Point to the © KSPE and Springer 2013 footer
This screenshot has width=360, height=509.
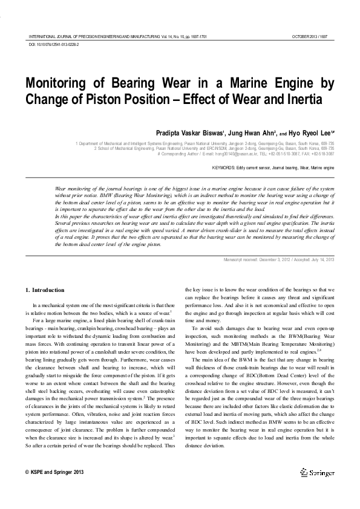(x=55, y=472)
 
